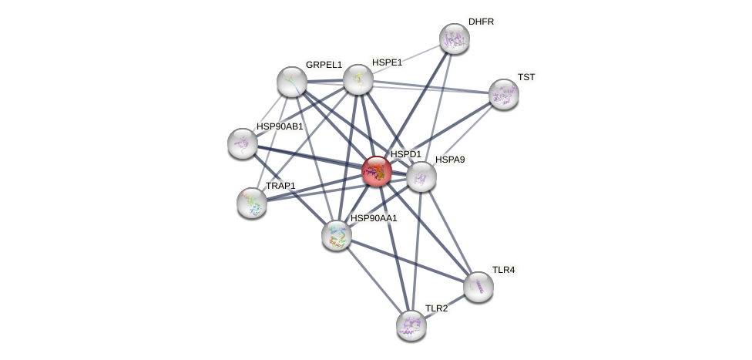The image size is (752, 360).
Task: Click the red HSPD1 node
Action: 377,171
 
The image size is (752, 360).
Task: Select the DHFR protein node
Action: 455,39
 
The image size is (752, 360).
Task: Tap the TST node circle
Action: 504,94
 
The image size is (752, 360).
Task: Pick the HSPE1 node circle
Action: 358,79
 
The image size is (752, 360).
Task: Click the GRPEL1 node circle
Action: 292,81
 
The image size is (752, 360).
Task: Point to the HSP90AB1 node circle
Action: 243,143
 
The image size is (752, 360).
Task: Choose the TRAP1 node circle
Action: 252,202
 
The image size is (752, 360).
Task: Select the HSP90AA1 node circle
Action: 337,235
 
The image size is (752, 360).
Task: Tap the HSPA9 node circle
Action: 421,177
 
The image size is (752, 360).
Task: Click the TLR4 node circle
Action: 478,287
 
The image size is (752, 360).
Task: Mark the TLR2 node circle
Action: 411,325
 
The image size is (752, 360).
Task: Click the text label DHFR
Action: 481,22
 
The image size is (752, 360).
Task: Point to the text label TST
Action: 525,77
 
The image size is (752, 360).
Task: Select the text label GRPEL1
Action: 324,65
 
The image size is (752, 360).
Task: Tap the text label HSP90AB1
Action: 280,126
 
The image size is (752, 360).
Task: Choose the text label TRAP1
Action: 280,186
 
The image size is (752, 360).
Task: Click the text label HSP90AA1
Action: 374,218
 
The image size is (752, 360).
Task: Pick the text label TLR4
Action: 503,270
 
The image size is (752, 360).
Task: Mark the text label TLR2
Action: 436,308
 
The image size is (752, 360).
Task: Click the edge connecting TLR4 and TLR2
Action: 445,306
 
